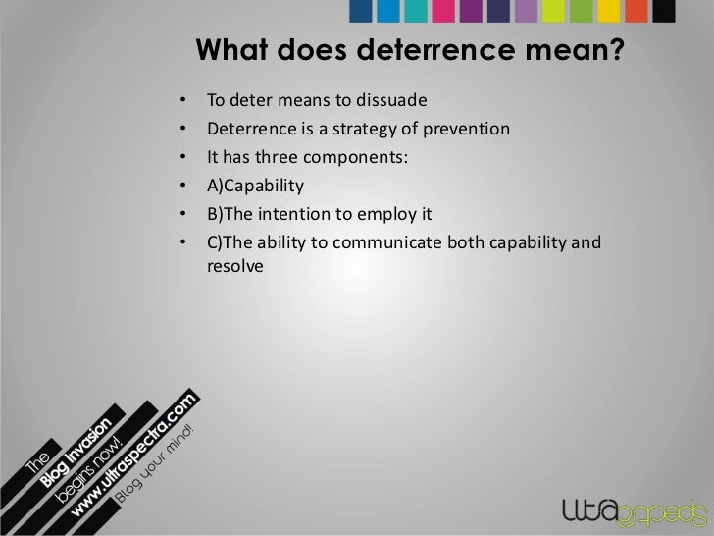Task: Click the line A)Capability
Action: pos(255,186)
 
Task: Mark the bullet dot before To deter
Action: pos(182,101)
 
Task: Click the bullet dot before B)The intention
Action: pos(182,214)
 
